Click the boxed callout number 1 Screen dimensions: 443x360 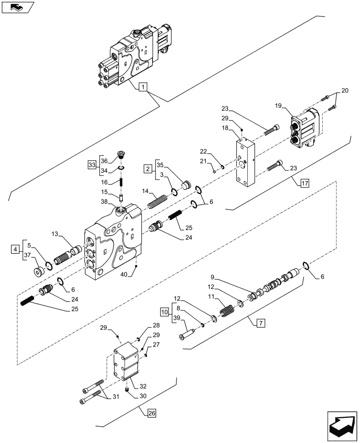(142, 87)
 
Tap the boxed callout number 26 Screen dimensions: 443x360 (151, 414)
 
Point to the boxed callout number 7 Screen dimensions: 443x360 (260, 323)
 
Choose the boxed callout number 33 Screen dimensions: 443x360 (92, 165)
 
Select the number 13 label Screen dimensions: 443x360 (55, 234)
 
